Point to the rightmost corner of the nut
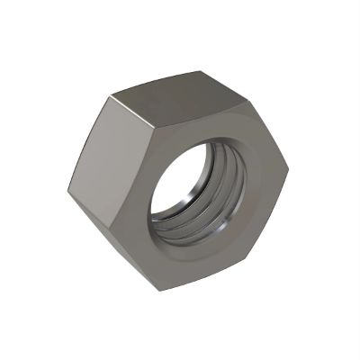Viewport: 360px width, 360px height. (x=288, y=168)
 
